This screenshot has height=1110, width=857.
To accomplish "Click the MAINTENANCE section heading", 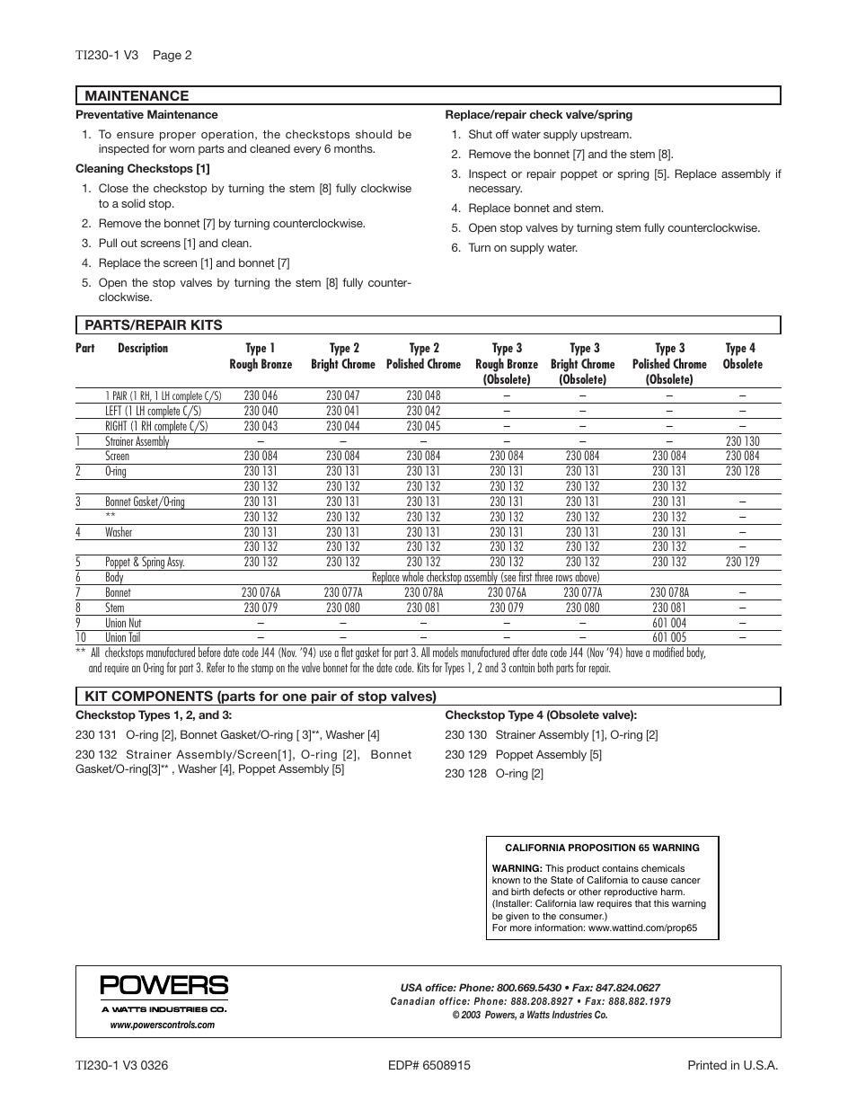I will pos(137,96).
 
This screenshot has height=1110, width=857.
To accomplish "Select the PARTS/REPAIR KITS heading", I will pos(153,325).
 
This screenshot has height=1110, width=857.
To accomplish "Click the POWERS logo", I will pos(164,986).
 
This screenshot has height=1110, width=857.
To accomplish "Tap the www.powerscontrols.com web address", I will pos(163,1025).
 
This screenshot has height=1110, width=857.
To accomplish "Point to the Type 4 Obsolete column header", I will pos(741,356).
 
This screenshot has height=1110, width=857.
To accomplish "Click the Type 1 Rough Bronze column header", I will pos(261,356).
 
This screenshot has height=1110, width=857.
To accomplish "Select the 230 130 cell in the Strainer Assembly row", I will pos(742,441).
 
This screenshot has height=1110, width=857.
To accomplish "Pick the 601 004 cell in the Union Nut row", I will pos(669,623).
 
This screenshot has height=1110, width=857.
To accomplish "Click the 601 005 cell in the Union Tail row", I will pos(669,638).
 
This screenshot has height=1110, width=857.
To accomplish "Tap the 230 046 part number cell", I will pos(261,395).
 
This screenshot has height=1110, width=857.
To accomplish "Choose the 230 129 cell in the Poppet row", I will pos(742,562).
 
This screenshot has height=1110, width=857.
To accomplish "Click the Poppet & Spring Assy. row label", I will pos(145,562).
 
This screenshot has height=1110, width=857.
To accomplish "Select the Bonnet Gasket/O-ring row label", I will pos(145,502).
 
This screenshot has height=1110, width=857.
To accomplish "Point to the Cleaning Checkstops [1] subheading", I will pos(143,169).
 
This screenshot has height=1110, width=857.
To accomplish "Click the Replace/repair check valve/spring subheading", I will pos(539,115).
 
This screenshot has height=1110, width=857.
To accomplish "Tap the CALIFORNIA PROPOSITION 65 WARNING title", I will pos(602,848).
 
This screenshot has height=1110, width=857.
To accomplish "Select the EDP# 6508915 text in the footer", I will pos(429,1065).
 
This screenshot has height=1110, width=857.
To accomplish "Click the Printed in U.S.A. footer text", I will pos(732,1065).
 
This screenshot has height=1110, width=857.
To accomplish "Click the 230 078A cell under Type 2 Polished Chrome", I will pos(423,592).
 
